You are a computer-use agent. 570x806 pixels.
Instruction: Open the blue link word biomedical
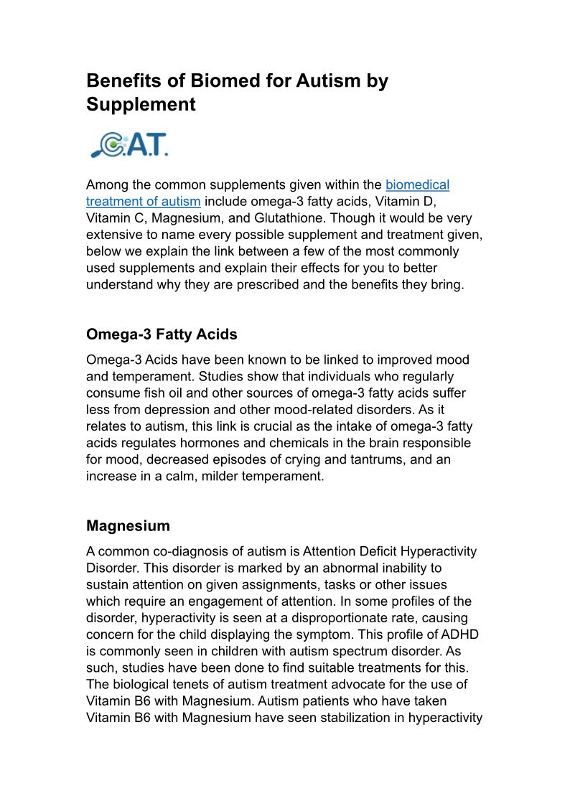tap(417, 185)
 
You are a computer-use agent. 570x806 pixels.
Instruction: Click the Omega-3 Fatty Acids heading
tap(162, 334)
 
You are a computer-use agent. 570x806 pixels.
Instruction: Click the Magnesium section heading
tap(128, 526)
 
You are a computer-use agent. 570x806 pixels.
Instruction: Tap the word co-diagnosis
tap(159, 552)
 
